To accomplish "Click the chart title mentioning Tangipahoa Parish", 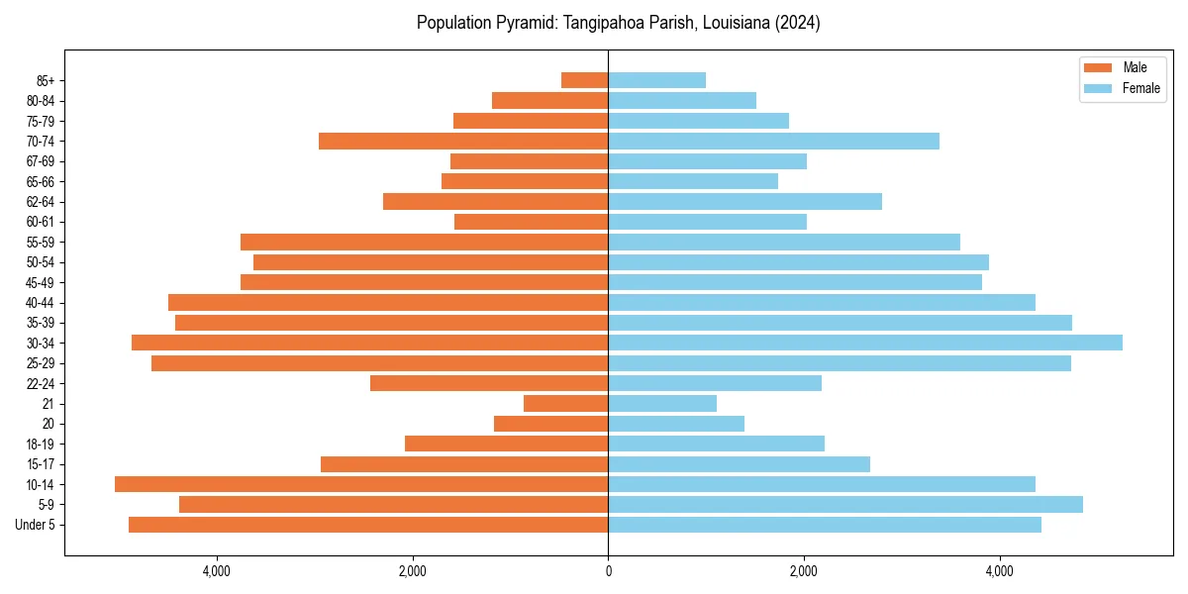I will pos(618,23).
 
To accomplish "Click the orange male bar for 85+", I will pos(584,80).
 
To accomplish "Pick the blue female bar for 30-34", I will pos(864,343).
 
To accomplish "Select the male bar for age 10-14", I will pos(361,484).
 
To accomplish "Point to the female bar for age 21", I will pos(662,403).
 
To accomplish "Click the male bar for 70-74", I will pos(463,141).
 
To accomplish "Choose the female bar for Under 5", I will pos(825,525).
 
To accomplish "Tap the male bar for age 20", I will pos(550,424).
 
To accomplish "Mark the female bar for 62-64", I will pos(744,201).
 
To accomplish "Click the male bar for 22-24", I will pos(489,383).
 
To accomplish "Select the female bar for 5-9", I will pos(845,504).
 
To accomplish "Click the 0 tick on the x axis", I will pos(608,571).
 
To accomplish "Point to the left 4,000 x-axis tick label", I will pos(216,571).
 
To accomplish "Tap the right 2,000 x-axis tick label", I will pos(804,571).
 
